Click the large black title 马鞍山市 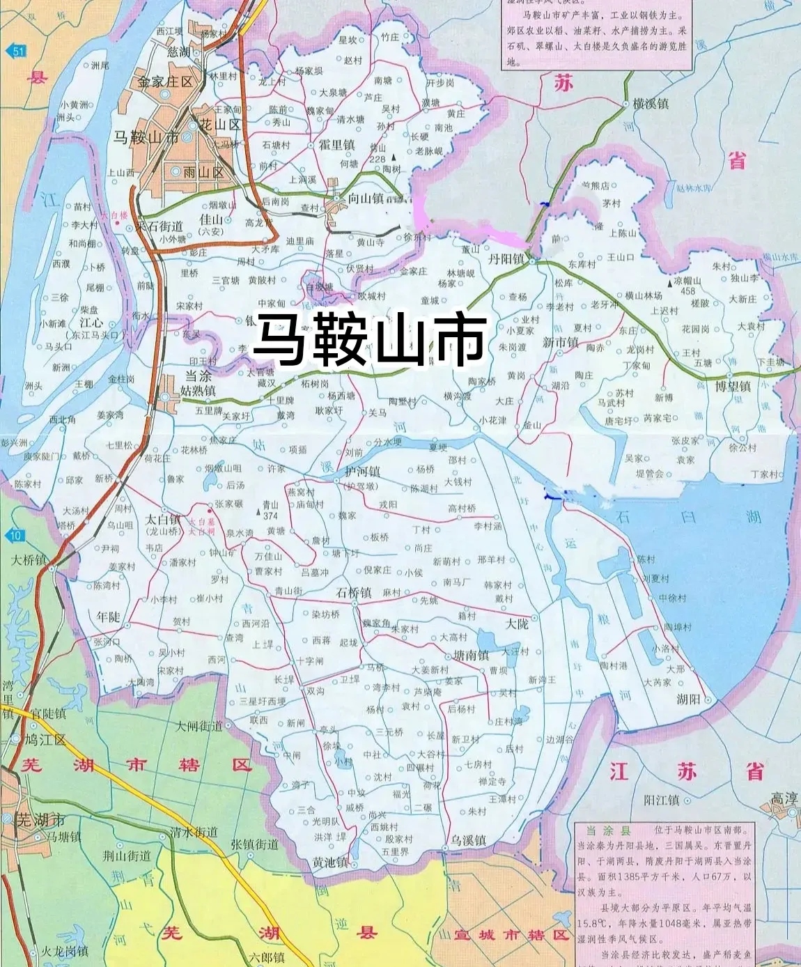click(369, 340)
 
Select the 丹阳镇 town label click(506, 258)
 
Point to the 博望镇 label click(733, 386)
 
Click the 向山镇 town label click(366, 199)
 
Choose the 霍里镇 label click(336, 145)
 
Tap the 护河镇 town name click(362, 472)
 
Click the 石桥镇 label click(354, 593)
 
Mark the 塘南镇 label click(471, 655)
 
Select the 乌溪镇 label click(468, 841)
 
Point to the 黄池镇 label click(330, 862)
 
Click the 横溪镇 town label click(651, 104)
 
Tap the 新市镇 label click(561, 343)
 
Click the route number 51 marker click(16, 50)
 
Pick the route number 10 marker click(15, 535)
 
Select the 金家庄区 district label click(165, 82)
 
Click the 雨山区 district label click(203, 171)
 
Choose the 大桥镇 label click(29, 559)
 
